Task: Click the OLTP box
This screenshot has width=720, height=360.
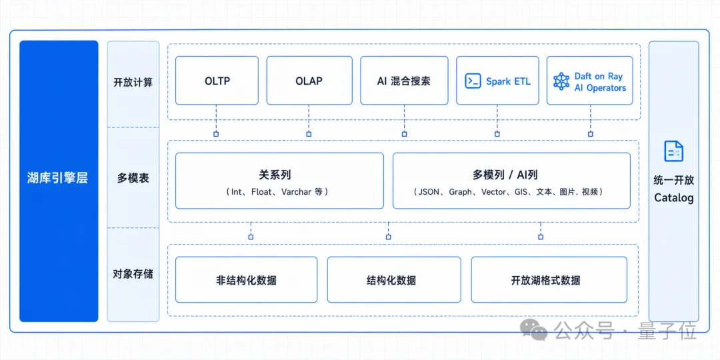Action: tap(217, 81)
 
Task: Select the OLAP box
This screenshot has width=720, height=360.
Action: tap(309, 81)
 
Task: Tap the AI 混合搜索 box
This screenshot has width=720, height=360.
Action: tap(404, 81)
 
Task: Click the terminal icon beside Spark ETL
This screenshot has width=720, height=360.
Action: tap(473, 81)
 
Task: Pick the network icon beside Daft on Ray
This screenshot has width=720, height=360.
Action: tap(561, 81)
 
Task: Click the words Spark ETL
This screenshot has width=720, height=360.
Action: tap(508, 82)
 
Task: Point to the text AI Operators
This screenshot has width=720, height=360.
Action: tap(600, 88)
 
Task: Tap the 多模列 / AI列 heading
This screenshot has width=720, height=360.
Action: tap(511, 175)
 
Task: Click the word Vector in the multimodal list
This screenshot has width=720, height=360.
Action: tap(493, 192)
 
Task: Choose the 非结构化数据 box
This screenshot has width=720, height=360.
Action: tap(246, 279)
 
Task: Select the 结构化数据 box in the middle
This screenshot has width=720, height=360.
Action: tap(394, 279)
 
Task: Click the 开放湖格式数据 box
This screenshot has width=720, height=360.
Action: tap(549, 279)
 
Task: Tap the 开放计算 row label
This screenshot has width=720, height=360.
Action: tap(133, 83)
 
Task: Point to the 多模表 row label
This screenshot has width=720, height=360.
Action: tap(133, 178)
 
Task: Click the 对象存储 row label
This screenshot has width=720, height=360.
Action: tap(133, 275)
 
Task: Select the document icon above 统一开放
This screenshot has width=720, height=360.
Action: tap(673, 151)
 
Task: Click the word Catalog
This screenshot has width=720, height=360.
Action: tap(673, 198)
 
